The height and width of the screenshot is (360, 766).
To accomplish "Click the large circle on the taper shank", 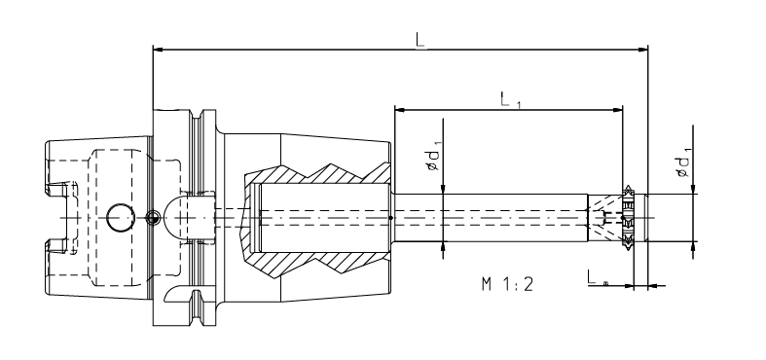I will click(x=121, y=219).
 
